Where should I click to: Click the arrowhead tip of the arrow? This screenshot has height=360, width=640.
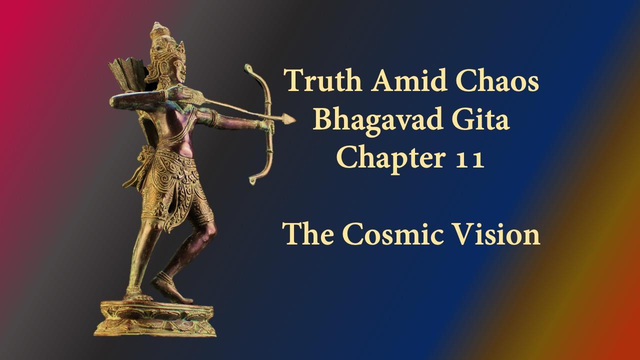(295, 119)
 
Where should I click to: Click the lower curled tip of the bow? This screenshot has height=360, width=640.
(252, 181)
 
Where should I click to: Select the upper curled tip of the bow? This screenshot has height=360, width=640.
(247, 68)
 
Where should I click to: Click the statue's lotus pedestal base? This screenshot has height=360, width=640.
(154, 318)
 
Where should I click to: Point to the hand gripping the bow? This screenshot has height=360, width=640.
(267, 125)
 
